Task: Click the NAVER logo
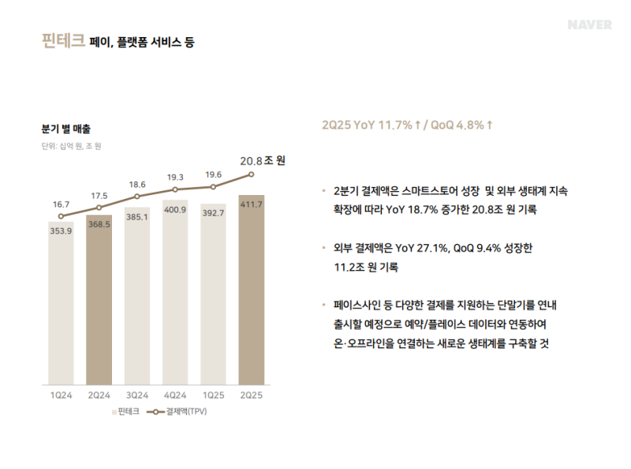click(x=589, y=24)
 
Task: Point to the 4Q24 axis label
click(x=175, y=394)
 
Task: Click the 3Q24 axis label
click(x=137, y=394)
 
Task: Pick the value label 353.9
click(x=61, y=231)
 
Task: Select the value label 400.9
click(x=175, y=210)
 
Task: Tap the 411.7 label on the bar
click(x=251, y=204)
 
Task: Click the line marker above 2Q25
click(x=251, y=174)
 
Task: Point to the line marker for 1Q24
click(x=61, y=216)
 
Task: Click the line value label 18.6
click(x=136, y=184)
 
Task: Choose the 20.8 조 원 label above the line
click(x=263, y=160)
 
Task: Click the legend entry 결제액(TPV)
click(x=181, y=411)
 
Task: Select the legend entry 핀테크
click(x=127, y=411)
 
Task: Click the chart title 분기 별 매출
click(x=66, y=128)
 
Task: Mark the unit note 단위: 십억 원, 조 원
click(x=72, y=146)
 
